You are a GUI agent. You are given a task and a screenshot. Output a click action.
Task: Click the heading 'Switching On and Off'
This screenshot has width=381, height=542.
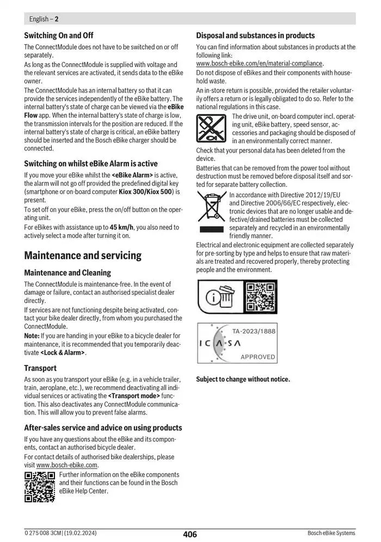pos(59,35)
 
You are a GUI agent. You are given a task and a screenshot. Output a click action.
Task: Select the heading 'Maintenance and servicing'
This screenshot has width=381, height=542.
pos(83,255)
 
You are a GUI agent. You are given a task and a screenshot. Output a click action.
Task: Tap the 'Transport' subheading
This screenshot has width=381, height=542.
pos(40,368)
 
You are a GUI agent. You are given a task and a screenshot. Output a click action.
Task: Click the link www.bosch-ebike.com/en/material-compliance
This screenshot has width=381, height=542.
pos(259,63)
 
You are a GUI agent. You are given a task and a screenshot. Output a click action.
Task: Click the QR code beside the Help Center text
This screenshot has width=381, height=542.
pos(40,486)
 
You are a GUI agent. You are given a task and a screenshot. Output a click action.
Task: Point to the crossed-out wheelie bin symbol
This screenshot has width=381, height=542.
pos(212,209)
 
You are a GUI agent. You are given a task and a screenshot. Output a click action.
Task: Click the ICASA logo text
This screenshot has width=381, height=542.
pos(220,344)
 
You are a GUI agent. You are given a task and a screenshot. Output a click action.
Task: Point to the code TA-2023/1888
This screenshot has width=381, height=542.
pos(254,331)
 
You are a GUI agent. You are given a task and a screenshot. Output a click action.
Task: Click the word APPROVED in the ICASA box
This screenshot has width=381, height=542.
pos(257,357)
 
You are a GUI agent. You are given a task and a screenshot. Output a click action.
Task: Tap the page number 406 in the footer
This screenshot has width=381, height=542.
pos(190,534)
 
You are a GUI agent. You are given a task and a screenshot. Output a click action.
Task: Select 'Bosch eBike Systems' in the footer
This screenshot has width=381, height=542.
pos(331,533)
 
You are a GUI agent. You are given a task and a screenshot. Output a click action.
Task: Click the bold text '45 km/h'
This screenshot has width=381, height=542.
pos(121,227)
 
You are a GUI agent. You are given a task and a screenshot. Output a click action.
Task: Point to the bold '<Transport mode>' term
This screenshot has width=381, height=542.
pos(134,395)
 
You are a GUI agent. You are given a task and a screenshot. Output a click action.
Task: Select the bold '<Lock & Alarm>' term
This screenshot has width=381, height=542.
pos(63,352)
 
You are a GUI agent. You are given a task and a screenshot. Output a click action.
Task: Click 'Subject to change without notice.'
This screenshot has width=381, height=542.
pos(243,379)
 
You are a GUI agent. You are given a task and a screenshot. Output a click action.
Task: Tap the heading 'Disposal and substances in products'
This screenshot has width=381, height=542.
pos(255,35)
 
